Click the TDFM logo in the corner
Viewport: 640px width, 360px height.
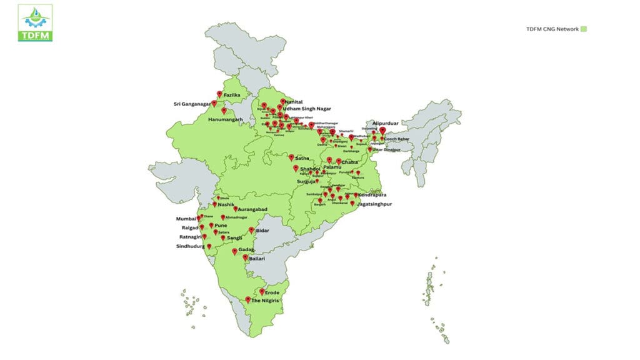pyautogui.click(x=35, y=22)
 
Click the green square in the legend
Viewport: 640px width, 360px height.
pyautogui.click(x=584, y=29)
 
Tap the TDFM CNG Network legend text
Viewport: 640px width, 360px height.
pyautogui.click(x=552, y=29)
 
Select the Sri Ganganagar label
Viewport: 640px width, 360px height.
pyautogui.click(x=192, y=104)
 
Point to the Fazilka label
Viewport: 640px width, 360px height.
pyautogui.click(x=232, y=95)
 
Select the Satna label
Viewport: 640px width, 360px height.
pyautogui.click(x=302, y=159)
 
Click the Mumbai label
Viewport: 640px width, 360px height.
pyautogui.click(x=186, y=219)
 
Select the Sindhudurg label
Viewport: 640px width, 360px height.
pyautogui.click(x=189, y=246)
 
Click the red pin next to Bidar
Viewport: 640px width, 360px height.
pyautogui.click(x=251, y=230)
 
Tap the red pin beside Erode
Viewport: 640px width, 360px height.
pyautogui.click(x=262, y=291)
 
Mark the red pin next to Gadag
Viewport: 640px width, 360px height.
pyautogui.click(x=234, y=251)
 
